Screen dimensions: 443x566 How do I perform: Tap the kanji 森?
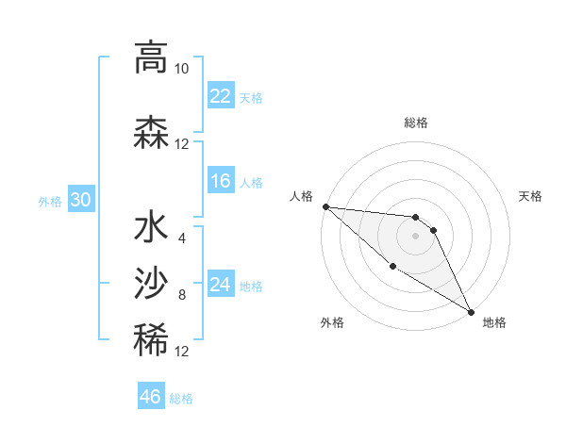150,132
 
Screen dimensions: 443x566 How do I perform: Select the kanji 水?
150,228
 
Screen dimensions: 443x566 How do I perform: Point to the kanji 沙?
150,282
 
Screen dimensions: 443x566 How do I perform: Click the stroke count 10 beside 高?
181,69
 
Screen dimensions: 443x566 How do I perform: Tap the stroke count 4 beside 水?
181,238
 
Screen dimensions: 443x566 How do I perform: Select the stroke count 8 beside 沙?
181,295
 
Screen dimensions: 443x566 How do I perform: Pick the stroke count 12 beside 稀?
181,352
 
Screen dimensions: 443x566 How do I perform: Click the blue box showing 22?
220,96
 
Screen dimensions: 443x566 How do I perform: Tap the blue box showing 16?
220,182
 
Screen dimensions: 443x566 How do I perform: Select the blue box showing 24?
220,286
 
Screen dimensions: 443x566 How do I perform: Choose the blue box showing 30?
80,200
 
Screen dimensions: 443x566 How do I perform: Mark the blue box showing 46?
151,397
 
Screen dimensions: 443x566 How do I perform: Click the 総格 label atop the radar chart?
416,123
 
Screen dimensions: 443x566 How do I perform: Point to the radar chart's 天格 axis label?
531,196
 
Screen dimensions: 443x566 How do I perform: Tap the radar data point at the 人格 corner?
325,206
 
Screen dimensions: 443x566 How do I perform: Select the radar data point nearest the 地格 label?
471,311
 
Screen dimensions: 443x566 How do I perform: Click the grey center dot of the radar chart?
416,235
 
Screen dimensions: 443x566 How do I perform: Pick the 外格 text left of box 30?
49,201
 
